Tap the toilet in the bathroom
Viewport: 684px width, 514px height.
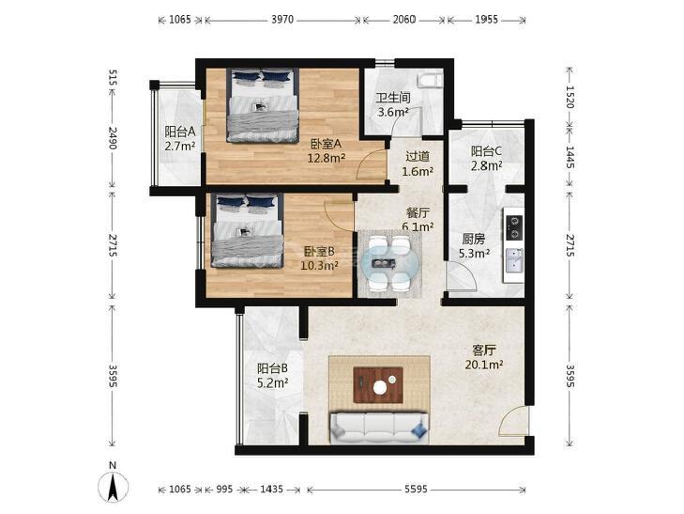[x=430, y=81]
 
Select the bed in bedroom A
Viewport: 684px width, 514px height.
[x=263, y=105]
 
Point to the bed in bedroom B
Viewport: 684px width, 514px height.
[x=248, y=230]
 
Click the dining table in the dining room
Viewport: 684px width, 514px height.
[x=389, y=263]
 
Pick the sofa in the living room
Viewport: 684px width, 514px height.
[x=379, y=428]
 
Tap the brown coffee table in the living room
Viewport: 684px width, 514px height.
[x=378, y=384]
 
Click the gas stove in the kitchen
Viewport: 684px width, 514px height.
[x=514, y=227]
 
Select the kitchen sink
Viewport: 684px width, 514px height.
[x=514, y=260]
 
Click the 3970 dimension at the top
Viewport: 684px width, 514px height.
[x=282, y=20]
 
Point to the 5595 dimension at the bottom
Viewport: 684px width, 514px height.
[x=416, y=490]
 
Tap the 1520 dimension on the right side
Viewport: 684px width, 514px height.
[x=570, y=97]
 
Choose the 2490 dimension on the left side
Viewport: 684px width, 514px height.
[x=113, y=137]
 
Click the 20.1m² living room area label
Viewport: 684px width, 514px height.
[x=484, y=365]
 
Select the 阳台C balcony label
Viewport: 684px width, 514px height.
[x=486, y=151]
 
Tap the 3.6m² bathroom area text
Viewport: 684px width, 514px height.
[x=392, y=112]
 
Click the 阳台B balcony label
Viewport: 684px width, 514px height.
[x=272, y=368]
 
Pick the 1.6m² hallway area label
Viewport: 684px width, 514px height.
[x=418, y=171]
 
